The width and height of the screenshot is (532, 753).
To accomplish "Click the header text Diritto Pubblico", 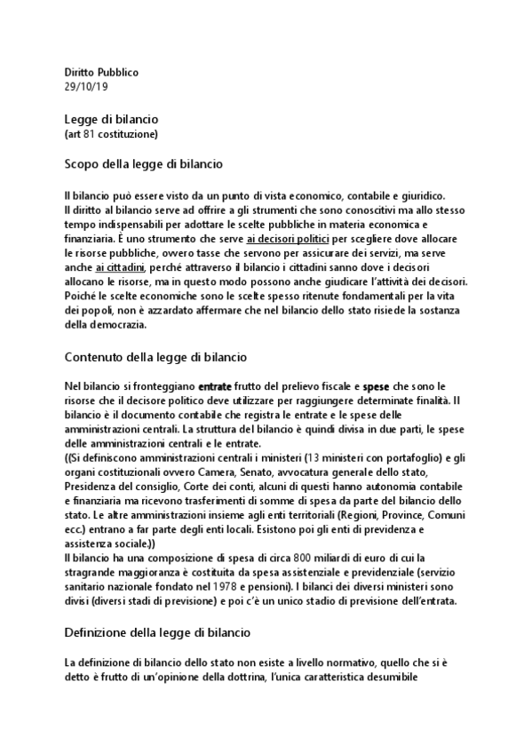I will (x=101, y=72).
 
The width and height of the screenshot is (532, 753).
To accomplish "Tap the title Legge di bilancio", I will (x=111, y=119).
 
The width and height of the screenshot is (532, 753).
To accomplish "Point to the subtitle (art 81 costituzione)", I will (x=111, y=134).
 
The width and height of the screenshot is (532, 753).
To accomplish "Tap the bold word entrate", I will (x=216, y=387).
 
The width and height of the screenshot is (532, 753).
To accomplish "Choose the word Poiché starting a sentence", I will (x=81, y=296).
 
